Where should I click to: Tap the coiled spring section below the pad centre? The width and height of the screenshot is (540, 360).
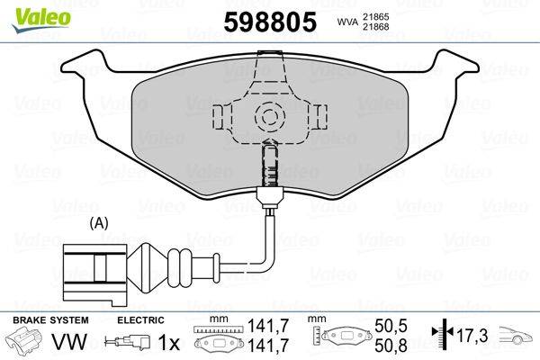269,166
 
